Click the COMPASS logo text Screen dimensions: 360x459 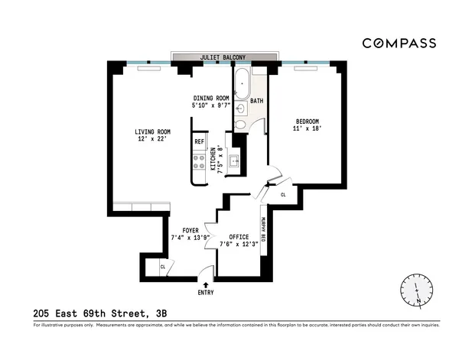tap(399, 43)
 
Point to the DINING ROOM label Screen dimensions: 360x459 tap(210, 102)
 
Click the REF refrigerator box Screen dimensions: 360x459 tap(199, 142)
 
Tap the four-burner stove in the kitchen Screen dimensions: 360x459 tap(199, 162)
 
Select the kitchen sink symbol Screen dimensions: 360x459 tap(236, 162)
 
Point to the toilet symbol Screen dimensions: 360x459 tap(240, 125)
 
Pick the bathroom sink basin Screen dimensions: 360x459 tap(239, 109)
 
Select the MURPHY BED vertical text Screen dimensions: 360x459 tap(264, 228)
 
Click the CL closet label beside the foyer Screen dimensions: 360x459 tap(163, 267)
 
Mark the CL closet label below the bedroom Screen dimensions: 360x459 tap(283, 195)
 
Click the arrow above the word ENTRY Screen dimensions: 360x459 tap(205, 284)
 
